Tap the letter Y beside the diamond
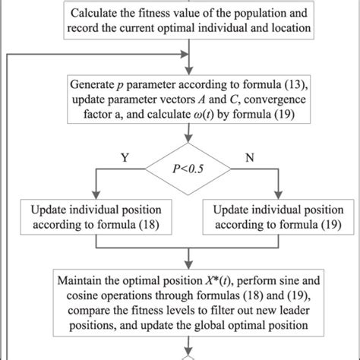coord(125,156)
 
